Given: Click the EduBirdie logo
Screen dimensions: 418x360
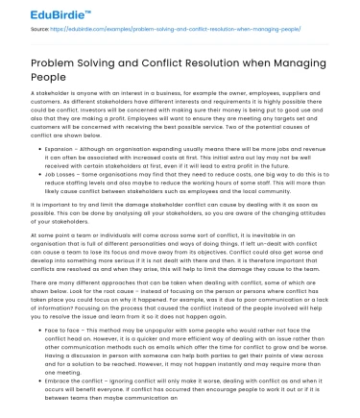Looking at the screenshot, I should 40,12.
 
